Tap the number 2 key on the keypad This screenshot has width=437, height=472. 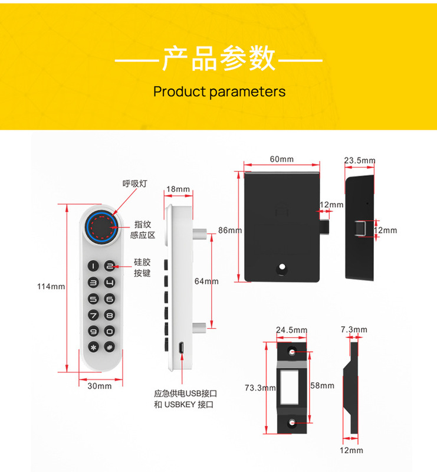pos(109,267)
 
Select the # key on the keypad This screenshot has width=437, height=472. pos(109,348)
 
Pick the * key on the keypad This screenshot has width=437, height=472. pos(93,348)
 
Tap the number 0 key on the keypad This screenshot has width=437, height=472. pos(109,332)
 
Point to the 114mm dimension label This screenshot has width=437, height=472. pos(51,287)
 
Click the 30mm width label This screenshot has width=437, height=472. pos(100,386)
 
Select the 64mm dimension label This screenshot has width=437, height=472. pos(206,281)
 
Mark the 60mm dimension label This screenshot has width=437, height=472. pos(282,159)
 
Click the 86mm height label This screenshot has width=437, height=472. pos(230,230)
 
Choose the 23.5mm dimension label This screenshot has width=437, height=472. pos(360,160)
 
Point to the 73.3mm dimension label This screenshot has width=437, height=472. pos(260,388)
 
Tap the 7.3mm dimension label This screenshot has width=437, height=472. pos(354,329)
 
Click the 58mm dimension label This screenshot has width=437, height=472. pos(322,386)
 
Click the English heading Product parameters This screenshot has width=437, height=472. pos(219,91)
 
